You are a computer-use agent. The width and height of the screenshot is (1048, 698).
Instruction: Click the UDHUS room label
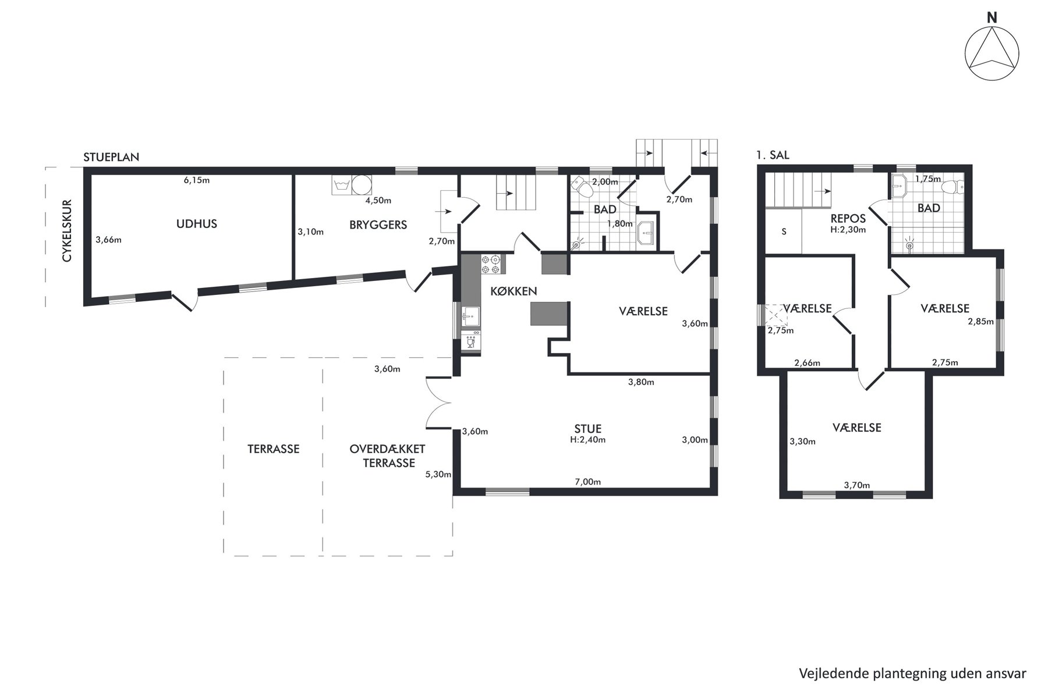197,224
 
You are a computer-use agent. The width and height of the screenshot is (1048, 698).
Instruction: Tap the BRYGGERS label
378,225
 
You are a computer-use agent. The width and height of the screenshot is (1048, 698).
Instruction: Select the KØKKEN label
514,291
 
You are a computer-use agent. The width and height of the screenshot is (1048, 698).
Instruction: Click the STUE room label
587,429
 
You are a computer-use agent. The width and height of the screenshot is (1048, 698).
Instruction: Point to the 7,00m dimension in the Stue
587,482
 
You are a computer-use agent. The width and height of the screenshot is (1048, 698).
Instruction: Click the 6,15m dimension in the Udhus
197,180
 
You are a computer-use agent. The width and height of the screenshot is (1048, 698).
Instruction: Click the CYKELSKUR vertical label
67,231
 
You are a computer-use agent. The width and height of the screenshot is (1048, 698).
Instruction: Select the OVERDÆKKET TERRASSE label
388,456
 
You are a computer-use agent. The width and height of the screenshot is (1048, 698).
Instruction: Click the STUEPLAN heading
111,158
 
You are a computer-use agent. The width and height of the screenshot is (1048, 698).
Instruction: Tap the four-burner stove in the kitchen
490,265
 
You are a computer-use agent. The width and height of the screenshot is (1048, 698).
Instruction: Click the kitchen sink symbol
470,317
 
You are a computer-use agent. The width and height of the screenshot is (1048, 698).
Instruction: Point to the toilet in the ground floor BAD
582,187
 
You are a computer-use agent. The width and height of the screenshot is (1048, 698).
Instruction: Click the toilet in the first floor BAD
952,187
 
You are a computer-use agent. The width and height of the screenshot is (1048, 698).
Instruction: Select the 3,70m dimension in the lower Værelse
857,485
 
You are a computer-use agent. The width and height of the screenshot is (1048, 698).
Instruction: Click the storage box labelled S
784,231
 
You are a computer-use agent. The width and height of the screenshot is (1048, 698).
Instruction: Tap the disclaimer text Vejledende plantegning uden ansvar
912,674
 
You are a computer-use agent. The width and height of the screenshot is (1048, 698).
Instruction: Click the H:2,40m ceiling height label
587,440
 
